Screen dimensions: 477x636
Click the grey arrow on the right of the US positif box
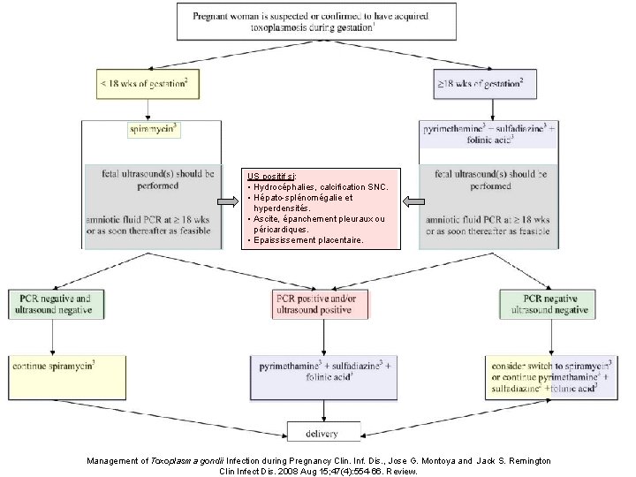click(x=408, y=201)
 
